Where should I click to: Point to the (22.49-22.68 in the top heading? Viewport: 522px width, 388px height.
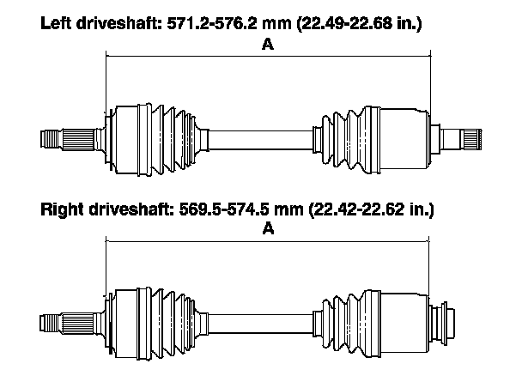(x=344, y=24)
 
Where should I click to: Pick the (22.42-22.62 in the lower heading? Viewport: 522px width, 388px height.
(x=357, y=209)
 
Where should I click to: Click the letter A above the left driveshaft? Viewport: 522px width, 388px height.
(x=268, y=44)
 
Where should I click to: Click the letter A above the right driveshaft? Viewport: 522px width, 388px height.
(x=268, y=228)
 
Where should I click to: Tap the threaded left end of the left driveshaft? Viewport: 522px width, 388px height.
(x=51, y=139)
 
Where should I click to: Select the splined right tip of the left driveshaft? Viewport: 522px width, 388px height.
(x=471, y=139)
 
